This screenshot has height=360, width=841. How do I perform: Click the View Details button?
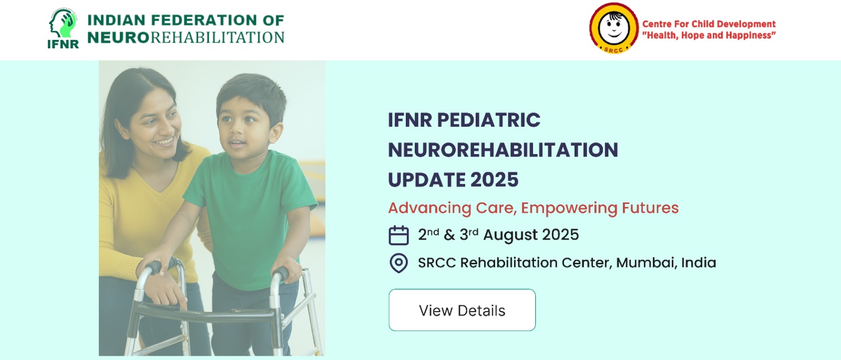[462, 310]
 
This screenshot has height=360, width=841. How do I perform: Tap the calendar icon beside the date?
[398, 235]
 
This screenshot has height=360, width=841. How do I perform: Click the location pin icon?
[398, 263]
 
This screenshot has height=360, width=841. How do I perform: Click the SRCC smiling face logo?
[613, 28]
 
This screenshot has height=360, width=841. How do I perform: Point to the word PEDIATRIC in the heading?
[488, 120]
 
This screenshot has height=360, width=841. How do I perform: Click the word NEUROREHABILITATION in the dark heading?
[503, 150]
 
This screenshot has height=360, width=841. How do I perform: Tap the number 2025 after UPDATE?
[494, 180]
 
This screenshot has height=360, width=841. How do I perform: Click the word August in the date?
[510, 235]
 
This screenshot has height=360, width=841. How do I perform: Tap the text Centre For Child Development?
[709, 24]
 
